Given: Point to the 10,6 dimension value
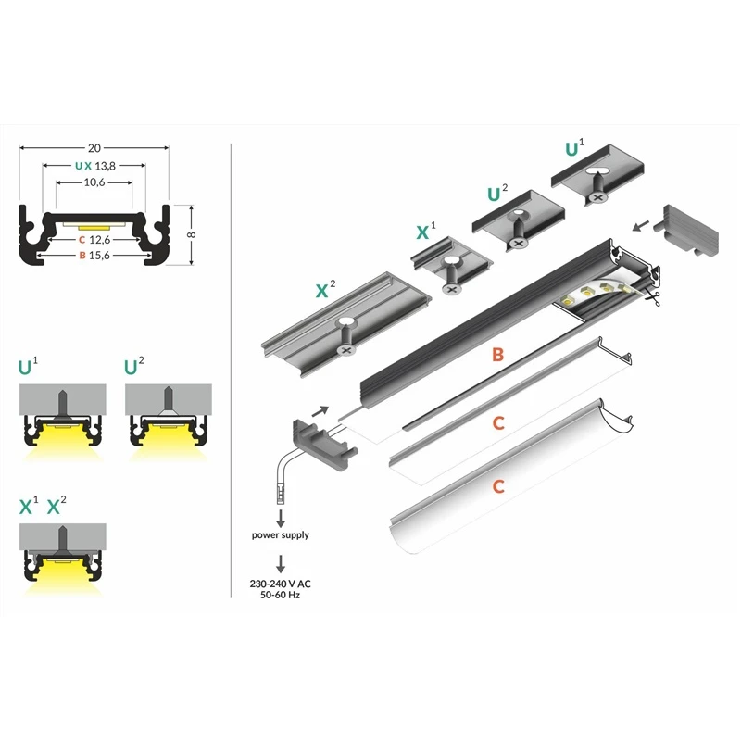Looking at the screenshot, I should click(93, 182).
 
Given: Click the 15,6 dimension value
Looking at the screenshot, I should click(103, 257).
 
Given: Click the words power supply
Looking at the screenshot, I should click(281, 534).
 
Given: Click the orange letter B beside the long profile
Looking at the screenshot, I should click(497, 355).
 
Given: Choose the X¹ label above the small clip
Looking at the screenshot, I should click(426, 230).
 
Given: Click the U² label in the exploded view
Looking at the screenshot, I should click(497, 194).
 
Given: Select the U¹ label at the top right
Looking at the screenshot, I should click(575, 148).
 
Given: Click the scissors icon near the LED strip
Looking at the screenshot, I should click(654, 298).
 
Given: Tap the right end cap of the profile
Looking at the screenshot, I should click(690, 230).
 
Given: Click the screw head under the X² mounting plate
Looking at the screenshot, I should click(347, 350).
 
